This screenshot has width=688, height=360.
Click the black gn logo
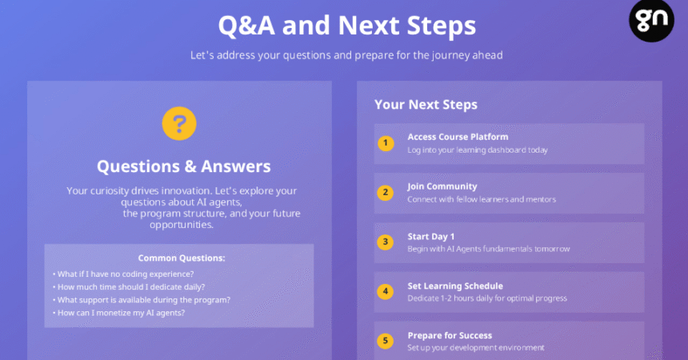[651, 20]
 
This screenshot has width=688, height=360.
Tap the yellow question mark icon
[179, 123]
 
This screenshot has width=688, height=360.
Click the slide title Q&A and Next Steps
[347, 25]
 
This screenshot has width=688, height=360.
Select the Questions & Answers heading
[184, 166]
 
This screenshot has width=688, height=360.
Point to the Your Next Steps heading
[426, 105]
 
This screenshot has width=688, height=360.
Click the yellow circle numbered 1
[386, 143]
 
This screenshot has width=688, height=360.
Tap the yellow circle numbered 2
[386, 192]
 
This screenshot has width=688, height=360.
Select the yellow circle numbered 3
[386, 242]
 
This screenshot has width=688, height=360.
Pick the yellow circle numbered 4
[386, 291]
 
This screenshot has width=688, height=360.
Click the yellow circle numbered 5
[386, 341]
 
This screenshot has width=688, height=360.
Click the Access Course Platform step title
[458, 137]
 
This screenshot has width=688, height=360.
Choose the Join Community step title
[442, 186]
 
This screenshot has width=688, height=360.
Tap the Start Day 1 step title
[431, 237]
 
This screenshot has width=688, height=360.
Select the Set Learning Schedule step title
[455, 286]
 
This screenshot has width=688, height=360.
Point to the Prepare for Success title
[450, 336]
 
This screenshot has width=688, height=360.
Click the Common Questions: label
[182, 258]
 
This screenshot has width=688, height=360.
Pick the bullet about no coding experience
[123, 274]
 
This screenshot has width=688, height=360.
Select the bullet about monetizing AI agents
[119, 313]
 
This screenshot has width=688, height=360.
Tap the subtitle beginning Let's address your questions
[346, 55]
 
